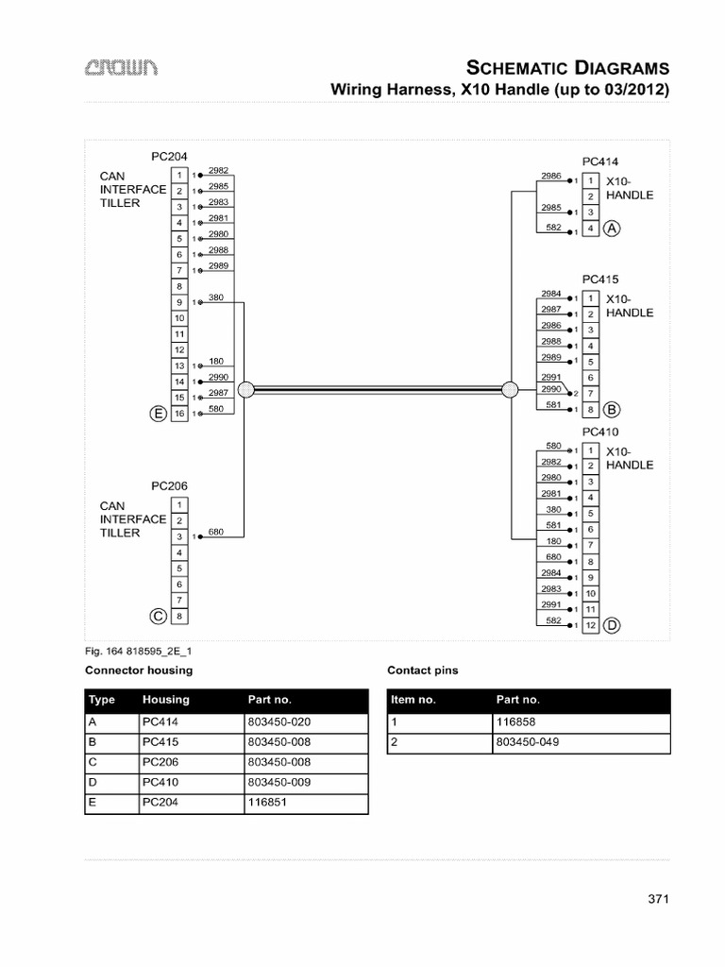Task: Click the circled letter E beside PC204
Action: point(159,414)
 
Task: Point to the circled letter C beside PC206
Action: point(159,617)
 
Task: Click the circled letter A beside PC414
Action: point(612,229)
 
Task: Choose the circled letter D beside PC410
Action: point(612,625)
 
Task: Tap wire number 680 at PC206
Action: point(215,532)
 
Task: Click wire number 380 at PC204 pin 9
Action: point(215,297)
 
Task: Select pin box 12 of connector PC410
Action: point(590,625)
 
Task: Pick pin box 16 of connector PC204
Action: point(178,414)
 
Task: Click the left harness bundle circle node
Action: point(244,389)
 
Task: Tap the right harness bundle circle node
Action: point(510,389)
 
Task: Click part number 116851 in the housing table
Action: point(267,803)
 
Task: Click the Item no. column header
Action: point(413,700)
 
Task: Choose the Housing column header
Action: point(166,700)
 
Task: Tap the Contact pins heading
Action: point(423,670)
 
